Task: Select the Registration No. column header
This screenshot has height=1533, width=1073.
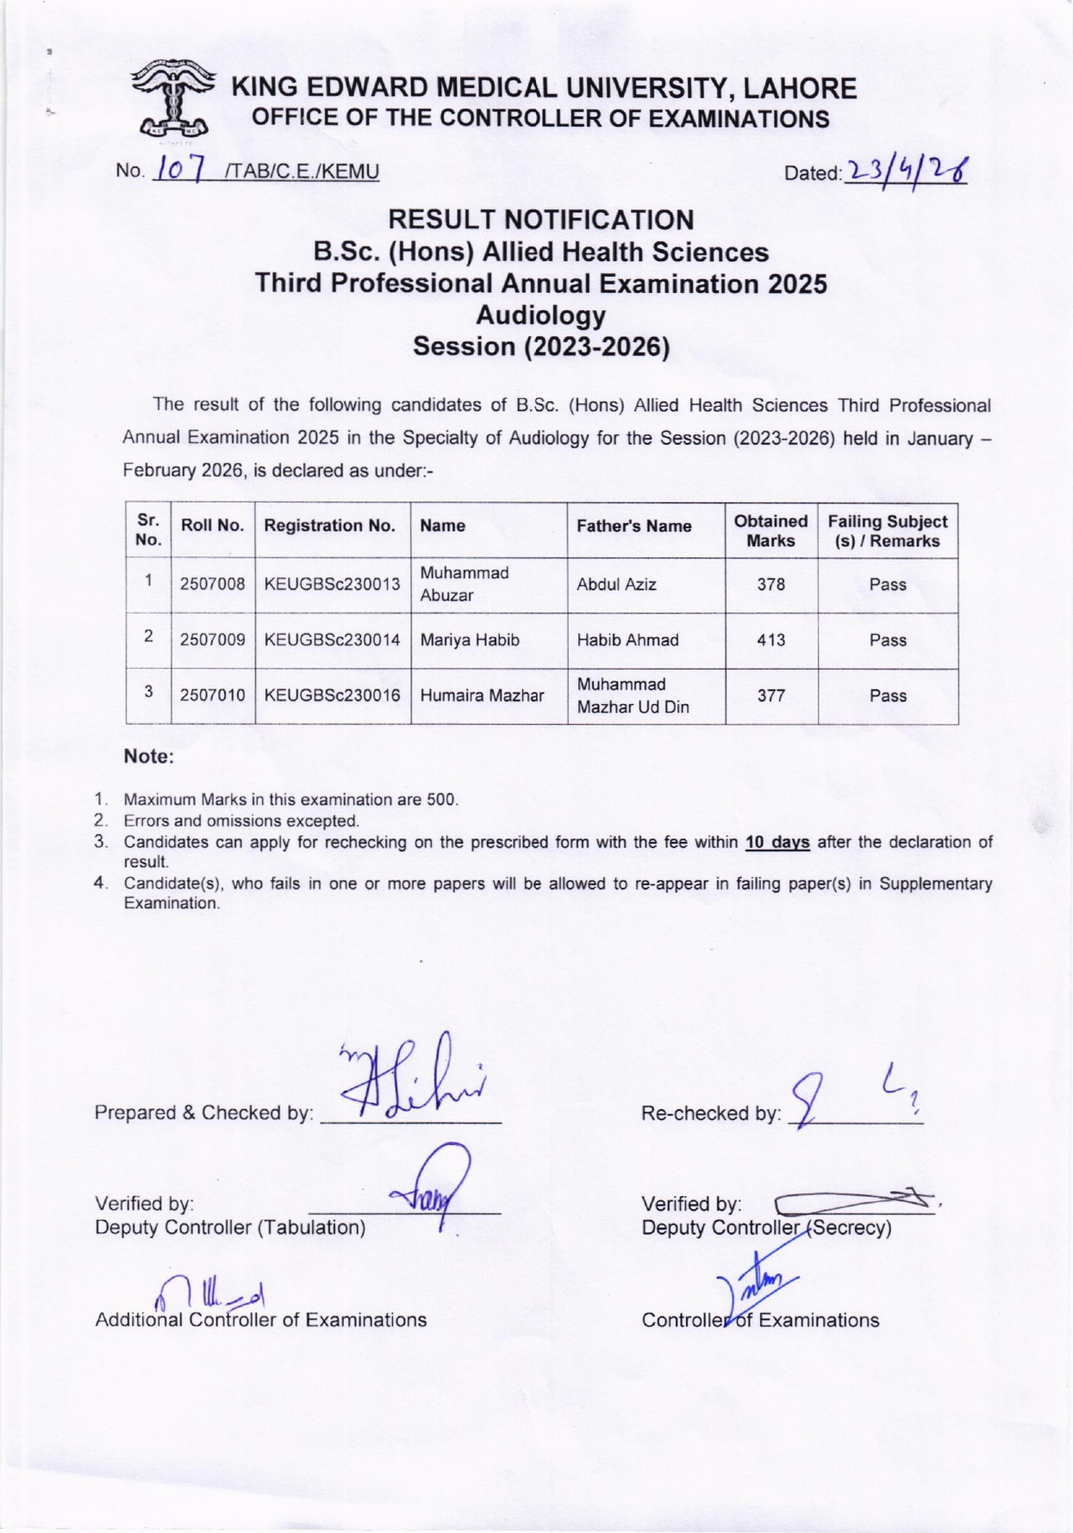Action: (329, 526)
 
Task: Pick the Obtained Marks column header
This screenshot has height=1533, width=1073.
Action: (770, 531)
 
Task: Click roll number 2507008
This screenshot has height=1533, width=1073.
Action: (213, 584)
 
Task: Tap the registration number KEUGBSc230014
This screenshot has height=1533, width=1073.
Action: (332, 640)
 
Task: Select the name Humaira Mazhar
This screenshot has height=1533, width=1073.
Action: (482, 696)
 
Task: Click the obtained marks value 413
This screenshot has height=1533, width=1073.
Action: (770, 640)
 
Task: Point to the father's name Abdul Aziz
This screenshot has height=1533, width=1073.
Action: (616, 584)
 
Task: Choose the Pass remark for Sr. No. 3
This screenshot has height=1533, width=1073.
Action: (888, 696)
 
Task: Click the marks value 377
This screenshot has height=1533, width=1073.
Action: (770, 696)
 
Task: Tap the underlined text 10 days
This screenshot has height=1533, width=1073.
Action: (777, 842)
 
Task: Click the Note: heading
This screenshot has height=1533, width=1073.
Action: (149, 757)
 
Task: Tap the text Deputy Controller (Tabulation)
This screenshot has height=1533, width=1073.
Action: (230, 1227)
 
